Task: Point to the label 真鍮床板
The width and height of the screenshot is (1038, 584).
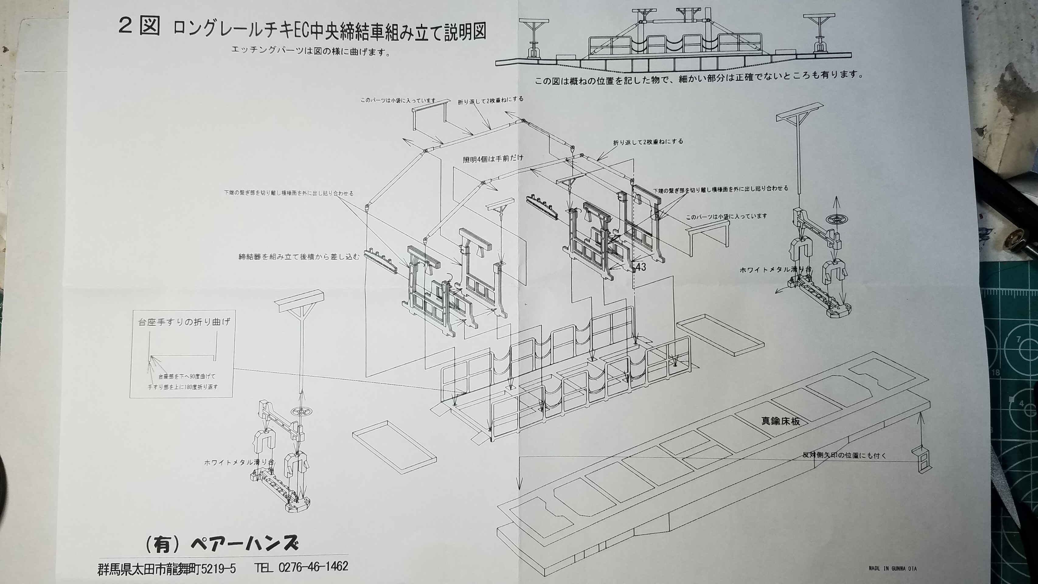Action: [x=780, y=421]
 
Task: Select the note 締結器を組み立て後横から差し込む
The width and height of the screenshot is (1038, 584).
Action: [x=298, y=256]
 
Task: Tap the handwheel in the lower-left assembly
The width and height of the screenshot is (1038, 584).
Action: [x=300, y=412]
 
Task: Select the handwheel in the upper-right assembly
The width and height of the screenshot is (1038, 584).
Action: [x=836, y=219]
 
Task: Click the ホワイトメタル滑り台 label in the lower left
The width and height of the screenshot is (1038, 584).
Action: [x=239, y=462]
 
